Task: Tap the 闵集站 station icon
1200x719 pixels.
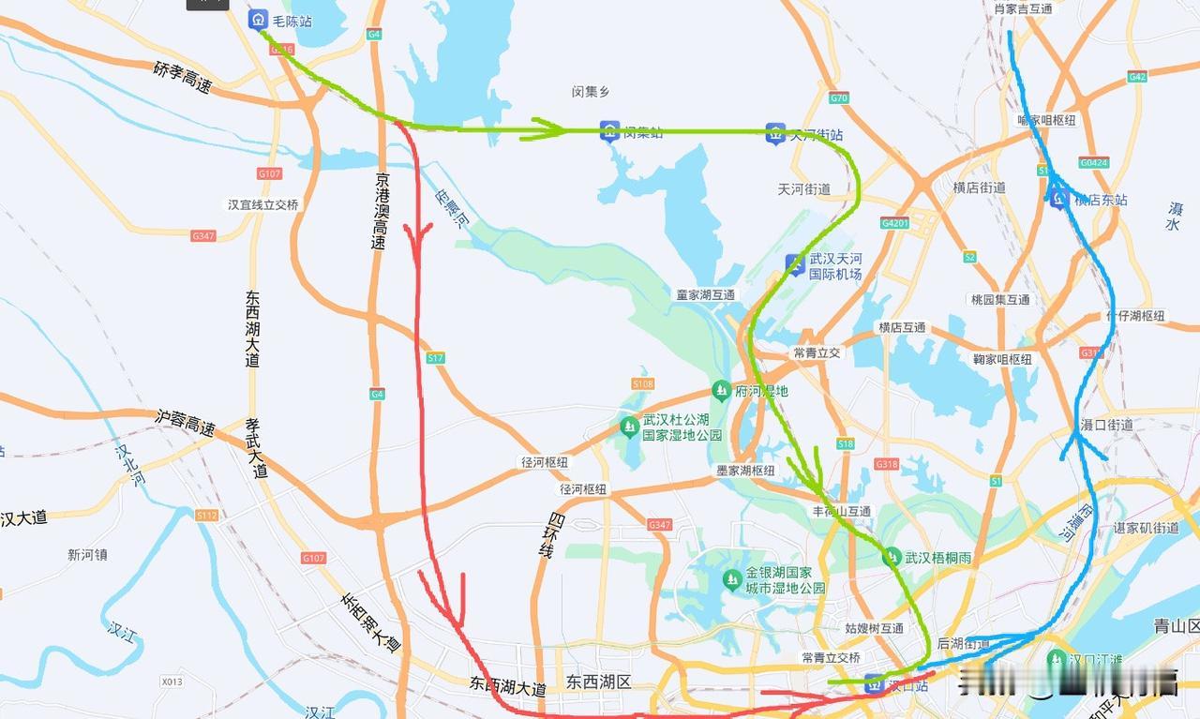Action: tap(609, 131)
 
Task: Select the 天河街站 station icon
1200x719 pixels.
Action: tap(774, 133)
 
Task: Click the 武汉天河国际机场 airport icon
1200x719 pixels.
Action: tap(795, 265)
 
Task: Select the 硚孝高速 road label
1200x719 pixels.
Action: tap(183, 77)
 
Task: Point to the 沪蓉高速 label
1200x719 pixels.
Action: tap(185, 422)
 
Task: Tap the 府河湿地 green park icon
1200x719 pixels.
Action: tap(720, 390)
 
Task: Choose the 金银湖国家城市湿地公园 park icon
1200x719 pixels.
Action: tap(731, 580)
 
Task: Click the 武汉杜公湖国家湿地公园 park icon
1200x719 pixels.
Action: tap(629, 427)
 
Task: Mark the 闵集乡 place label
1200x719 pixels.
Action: tap(591, 91)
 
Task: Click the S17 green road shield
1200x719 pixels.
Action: tap(435, 358)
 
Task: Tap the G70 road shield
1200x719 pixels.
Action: tap(839, 97)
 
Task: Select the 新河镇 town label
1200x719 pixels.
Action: tap(87, 554)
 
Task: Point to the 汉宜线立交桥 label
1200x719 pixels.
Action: tap(262, 204)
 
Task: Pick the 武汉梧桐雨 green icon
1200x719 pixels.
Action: tap(892, 557)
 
